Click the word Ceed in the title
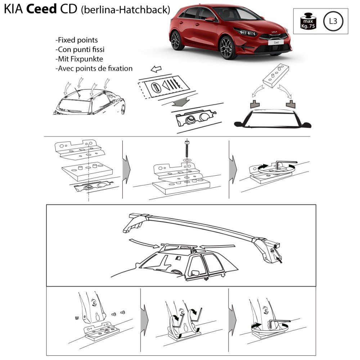pyautogui.click(x=41, y=9)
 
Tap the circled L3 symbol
pyautogui.click(x=333, y=21)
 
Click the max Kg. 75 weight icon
pyautogui.click(x=308, y=21)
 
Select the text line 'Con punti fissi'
pyautogui.click(x=80, y=49)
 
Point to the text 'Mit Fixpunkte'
pyautogui.click(x=79, y=59)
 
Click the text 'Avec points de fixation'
pyautogui.click(x=94, y=68)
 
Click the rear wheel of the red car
pyautogui.click(x=176, y=41)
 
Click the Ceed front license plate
pyautogui.click(x=276, y=42)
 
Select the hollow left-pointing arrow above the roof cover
pyautogui.click(x=156, y=69)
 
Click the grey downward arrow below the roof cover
pyautogui.click(x=181, y=102)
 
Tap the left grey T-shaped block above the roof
pyautogui.click(x=255, y=104)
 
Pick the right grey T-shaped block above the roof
pyautogui.click(x=291, y=104)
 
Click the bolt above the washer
pyautogui.click(x=187, y=148)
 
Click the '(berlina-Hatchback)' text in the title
pyautogui.click(x=125, y=10)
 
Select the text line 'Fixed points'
pyautogui.click(x=77, y=40)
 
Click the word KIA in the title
pyautogui.click(x=14, y=9)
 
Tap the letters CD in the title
pyautogui.click(x=68, y=9)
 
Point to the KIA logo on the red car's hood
pyautogui.click(x=274, y=32)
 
